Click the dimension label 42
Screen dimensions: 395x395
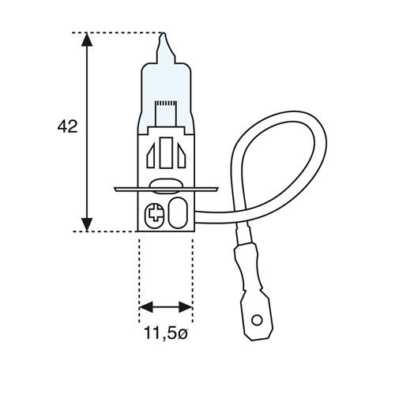(x=67, y=126)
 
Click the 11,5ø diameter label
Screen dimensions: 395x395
(x=166, y=333)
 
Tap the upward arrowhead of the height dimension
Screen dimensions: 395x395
(x=87, y=39)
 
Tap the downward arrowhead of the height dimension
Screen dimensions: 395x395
(x=87, y=224)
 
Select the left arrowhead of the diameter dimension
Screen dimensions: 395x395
(x=146, y=307)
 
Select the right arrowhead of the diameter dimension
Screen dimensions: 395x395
(x=186, y=307)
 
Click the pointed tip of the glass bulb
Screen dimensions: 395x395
(x=164, y=33)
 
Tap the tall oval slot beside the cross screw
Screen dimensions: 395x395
(x=178, y=213)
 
